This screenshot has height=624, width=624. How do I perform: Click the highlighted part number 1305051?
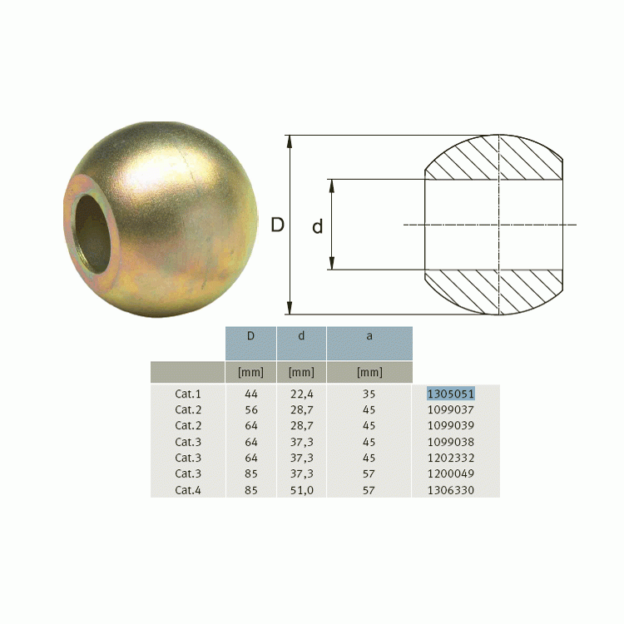450,394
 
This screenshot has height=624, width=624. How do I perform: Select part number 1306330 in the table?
450,490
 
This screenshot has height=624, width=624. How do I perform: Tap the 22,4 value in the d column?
302,394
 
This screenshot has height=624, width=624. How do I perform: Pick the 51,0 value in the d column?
302,490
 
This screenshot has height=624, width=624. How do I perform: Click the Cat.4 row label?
188,490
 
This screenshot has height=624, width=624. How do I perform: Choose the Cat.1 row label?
188,394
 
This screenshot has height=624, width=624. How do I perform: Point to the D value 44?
251,394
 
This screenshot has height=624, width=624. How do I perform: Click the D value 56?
251,410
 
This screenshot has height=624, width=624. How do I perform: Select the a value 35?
369,394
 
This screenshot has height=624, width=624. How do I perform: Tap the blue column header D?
250,343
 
